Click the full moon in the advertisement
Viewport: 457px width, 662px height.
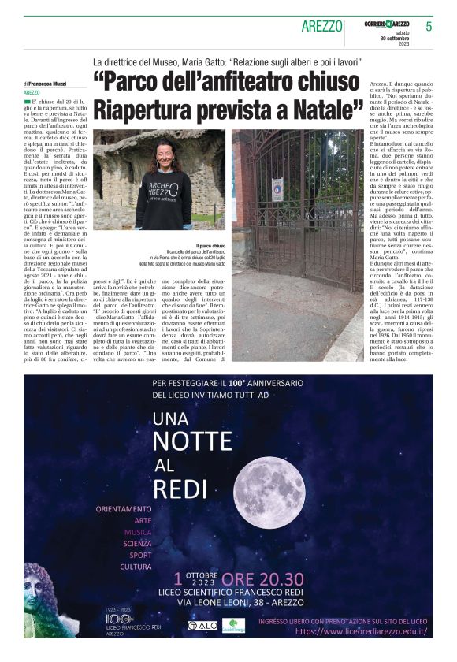[269, 491]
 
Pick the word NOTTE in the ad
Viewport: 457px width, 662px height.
[191, 441]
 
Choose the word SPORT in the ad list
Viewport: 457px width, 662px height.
[136, 555]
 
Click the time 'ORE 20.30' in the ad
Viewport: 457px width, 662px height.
[262, 580]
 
